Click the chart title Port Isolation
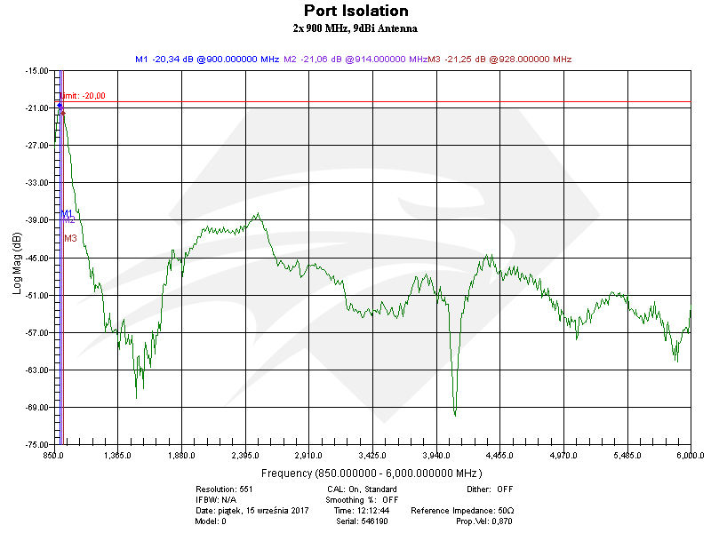(x=355, y=12)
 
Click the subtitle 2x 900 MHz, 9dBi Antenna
(x=355, y=28)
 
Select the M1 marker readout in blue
(x=207, y=60)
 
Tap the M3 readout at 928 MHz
(x=499, y=60)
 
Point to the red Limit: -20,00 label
(x=83, y=96)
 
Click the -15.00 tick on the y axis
(x=36, y=71)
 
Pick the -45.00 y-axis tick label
(x=36, y=258)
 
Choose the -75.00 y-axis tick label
(x=36, y=444)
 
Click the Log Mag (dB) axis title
(x=17, y=264)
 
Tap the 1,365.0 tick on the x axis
(x=117, y=456)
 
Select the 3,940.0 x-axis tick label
(x=435, y=456)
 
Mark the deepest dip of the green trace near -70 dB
(x=455, y=414)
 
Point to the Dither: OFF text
(x=490, y=489)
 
